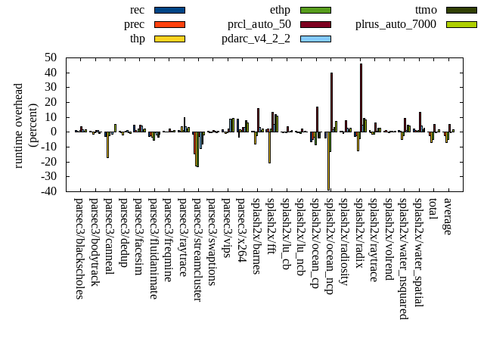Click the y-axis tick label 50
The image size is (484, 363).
(x=51, y=57)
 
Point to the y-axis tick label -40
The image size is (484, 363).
(x=49, y=191)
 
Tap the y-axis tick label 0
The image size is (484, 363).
(x=54, y=132)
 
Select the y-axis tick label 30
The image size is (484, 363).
(x=51, y=87)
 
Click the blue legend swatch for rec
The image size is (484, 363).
(x=169, y=11)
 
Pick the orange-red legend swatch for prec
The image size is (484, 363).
(x=169, y=24)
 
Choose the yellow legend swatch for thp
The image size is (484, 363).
(x=169, y=38)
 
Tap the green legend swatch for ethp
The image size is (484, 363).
(x=315, y=11)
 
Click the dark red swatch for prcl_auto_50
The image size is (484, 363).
(x=315, y=24)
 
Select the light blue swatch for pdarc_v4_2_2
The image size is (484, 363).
(x=315, y=38)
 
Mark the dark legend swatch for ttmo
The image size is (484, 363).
(x=461, y=11)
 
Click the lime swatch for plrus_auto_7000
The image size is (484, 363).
(x=461, y=24)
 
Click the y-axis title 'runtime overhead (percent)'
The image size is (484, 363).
(x=26, y=125)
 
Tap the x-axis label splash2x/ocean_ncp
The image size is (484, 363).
(x=330, y=246)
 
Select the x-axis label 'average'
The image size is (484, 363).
(x=448, y=216)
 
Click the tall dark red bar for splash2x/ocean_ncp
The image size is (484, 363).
(x=331, y=102)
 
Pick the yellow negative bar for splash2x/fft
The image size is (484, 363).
(x=269, y=147)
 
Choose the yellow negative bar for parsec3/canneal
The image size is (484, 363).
(x=107, y=144)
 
